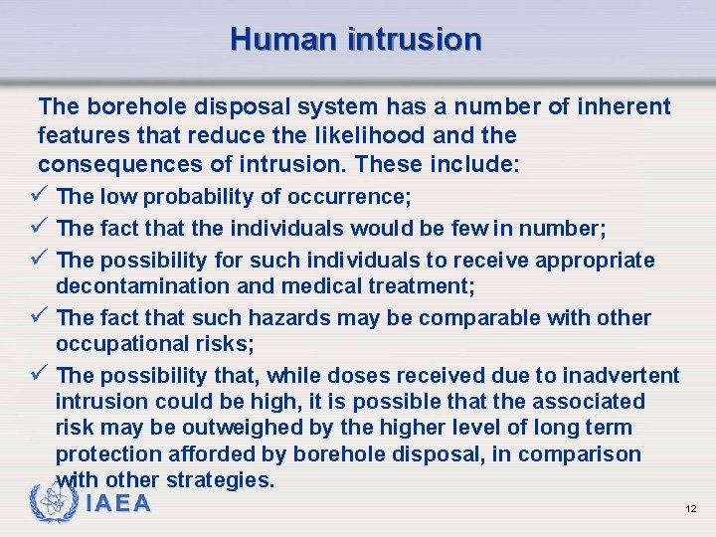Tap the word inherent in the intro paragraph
pyautogui.click(x=624, y=106)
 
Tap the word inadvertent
pyautogui.click(x=621, y=375)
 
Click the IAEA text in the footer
pyautogui.click(x=118, y=504)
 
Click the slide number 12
pyautogui.click(x=690, y=508)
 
